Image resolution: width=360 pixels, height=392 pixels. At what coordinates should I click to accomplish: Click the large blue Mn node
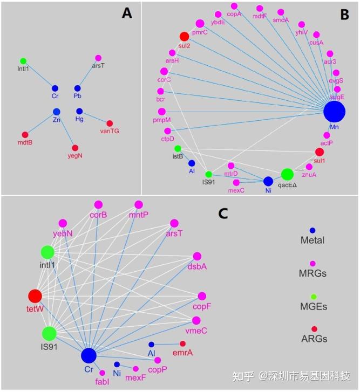pyautogui.click(x=334, y=112)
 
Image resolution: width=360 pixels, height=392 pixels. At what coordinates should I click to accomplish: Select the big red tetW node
pyautogui.click(x=35, y=296)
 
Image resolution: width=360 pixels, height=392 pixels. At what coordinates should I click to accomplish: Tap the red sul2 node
pyautogui.click(x=184, y=37)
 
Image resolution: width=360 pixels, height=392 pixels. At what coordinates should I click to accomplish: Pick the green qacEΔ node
pyautogui.click(x=288, y=174)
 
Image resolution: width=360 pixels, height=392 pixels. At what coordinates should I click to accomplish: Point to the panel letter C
pyautogui.click(x=223, y=214)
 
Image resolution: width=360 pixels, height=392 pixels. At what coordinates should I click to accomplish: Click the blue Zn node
pyautogui.click(x=56, y=112)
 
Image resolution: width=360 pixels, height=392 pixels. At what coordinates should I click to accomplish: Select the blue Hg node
pyautogui.click(x=79, y=112)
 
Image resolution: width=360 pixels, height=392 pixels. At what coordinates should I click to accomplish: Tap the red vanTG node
pyautogui.click(x=110, y=123)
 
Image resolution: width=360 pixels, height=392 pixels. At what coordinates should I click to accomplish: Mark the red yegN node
pyautogui.click(x=75, y=148)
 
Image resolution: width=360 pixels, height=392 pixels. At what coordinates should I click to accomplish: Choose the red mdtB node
pyautogui.click(x=25, y=135)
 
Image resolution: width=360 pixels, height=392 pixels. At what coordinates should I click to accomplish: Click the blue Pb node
pyautogui.click(x=77, y=88)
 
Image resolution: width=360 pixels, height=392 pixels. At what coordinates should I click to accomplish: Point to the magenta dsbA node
pyautogui.click(x=197, y=257)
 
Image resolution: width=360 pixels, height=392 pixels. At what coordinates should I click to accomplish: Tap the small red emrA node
pyautogui.click(x=182, y=344)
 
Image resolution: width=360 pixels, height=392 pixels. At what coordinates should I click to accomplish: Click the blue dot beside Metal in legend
pyautogui.click(x=313, y=230)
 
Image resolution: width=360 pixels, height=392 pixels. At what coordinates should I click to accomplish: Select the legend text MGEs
pyautogui.click(x=314, y=306)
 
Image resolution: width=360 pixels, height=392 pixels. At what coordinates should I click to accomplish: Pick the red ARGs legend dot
pyautogui.click(x=314, y=329)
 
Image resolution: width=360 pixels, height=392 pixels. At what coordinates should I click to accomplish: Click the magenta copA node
pyautogui.click(x=234, y=6)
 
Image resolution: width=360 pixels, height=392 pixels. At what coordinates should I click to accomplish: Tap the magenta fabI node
pyautogui.click(x=103, y=373)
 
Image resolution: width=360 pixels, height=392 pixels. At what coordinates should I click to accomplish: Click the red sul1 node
pyautogui.click(x=319, y=152)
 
